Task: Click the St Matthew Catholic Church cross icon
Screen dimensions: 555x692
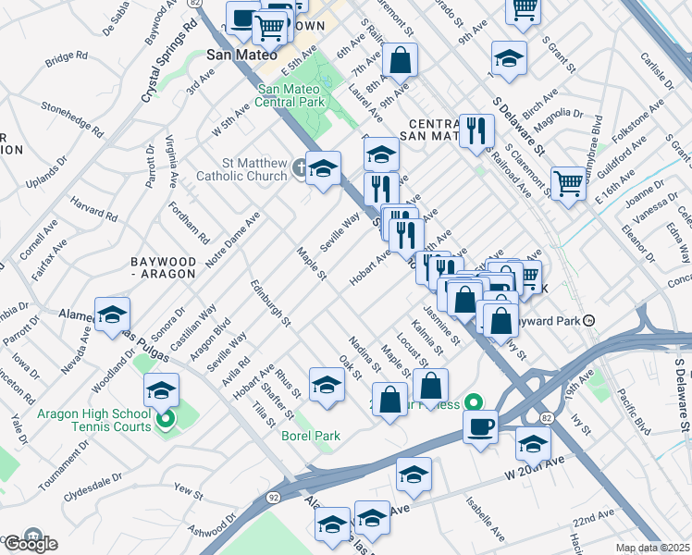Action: click(x=300, y=167)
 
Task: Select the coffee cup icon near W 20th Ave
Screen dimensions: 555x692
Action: click(x=480, y=426)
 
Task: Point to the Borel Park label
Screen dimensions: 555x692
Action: click(x=311, y=436)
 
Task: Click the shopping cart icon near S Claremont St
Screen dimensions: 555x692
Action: click(x=567, y=181)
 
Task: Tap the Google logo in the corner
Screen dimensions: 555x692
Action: click(x=30, y=543)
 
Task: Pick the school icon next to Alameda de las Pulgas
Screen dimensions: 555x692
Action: click(x=112, y=314)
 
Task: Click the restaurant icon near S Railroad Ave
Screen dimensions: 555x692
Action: click(x=476, y=130)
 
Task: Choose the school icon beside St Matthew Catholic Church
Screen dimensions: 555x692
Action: click(x=323, y=168)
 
